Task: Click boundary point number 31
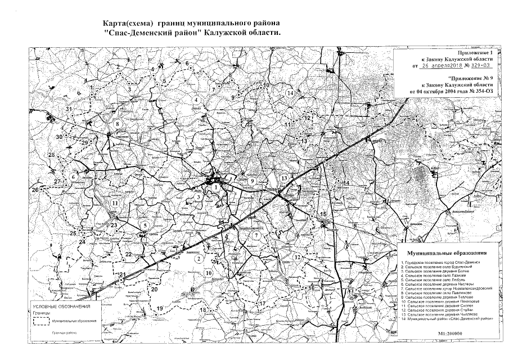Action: pyautogui.click(x=69, y=109)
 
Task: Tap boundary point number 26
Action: pyautogui.click(x=35, y=190)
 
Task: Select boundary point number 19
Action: pyautogui.click(x=160, y=308)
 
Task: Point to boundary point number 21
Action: pyautogui.click(x=122, y=274)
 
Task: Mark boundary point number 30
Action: pyautogui.click(x=58, y=137)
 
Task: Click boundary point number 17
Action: pyautogui.click(x=262, y=304)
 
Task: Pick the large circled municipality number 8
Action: pyautogui.click(x=118, y=124)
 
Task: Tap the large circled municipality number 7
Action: pyautogui.click(x=256, y=235)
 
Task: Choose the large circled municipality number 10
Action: pyautogui.click(x=209, y=273)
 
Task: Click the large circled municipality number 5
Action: pyautogui.click(x=145, y=226)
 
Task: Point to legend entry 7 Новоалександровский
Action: pyautogui.click(x=447, y=287)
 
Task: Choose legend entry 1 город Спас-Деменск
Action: pyautogui.click(x=441, y=263)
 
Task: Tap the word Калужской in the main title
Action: pyautogui.click(x=228, y=34)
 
